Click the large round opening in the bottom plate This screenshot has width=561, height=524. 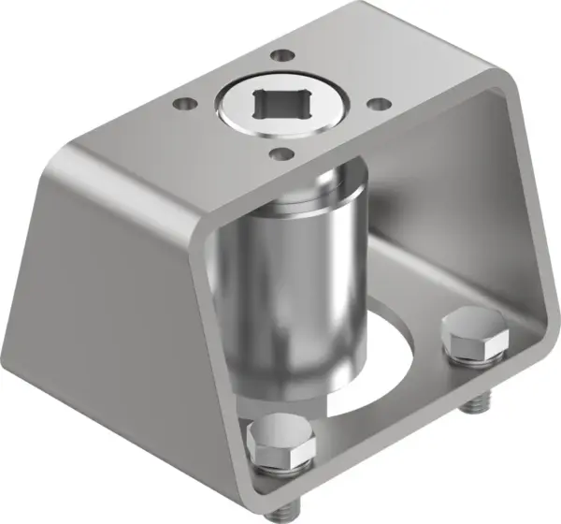tap(393, 365)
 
